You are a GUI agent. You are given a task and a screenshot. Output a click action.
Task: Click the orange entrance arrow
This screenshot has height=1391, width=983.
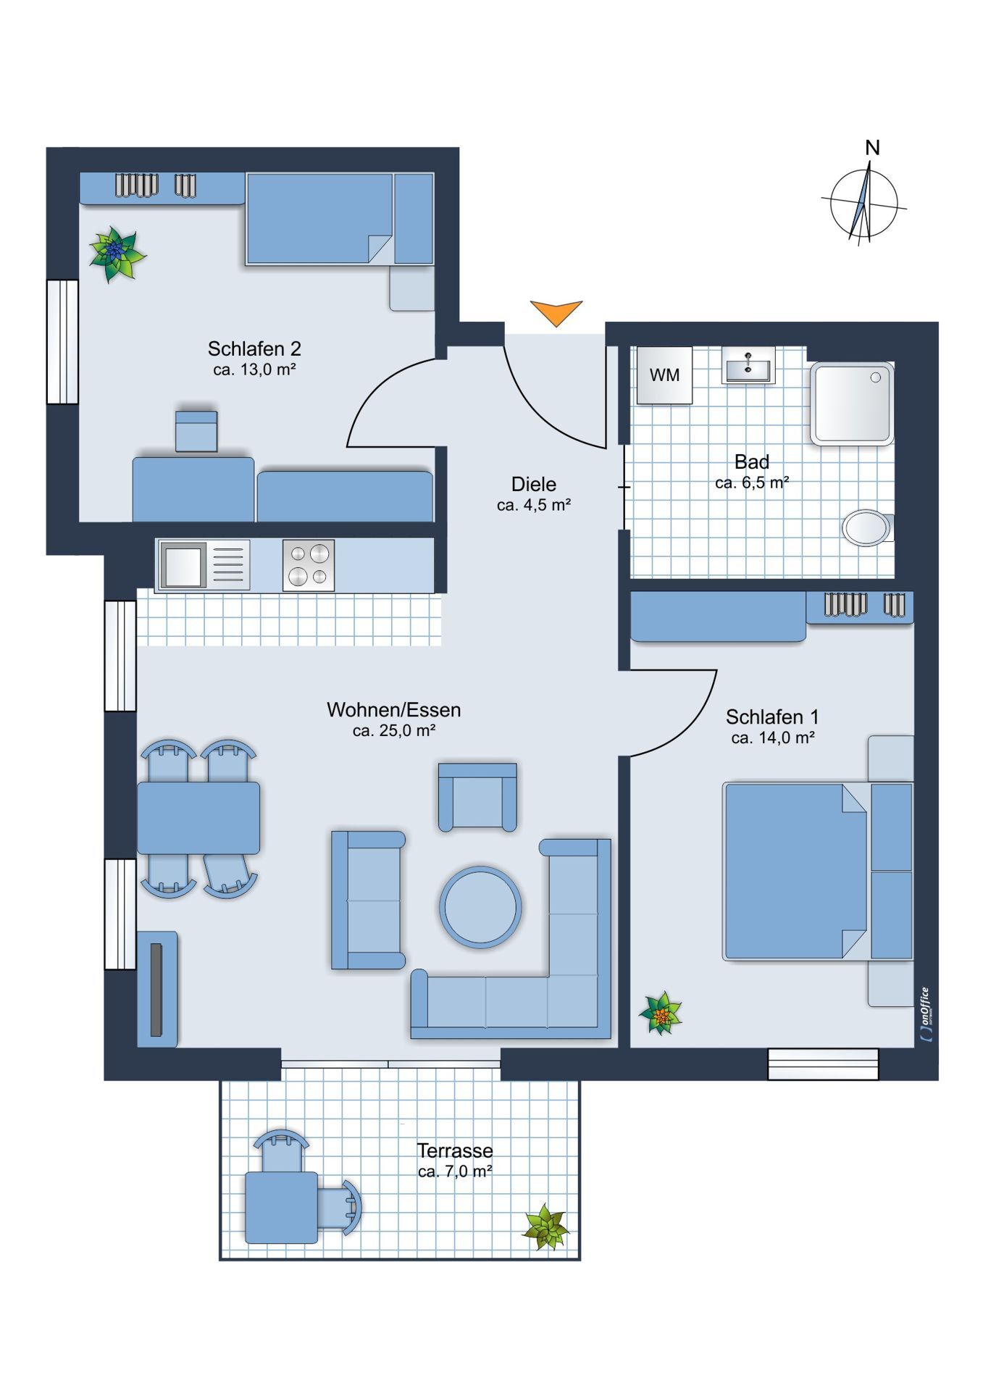(x=556, y=312)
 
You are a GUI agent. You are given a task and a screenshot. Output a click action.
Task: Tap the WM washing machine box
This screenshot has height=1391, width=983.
(x=664, y=375)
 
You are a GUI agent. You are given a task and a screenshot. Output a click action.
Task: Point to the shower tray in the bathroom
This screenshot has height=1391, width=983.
(x=852, y=404)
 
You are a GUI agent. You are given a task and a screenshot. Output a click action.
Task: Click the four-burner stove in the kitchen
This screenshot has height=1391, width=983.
(x=309, y=565)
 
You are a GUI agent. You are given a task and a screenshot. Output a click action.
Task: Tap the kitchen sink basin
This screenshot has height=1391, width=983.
(x=182, y=566)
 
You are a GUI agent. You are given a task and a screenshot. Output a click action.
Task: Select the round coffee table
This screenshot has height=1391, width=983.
(x=480, y=906)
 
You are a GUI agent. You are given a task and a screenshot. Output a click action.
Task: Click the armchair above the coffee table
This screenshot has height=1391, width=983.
(x=477, y=796)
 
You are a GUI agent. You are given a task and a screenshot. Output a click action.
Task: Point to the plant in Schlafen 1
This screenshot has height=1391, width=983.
(x=661, y=1013)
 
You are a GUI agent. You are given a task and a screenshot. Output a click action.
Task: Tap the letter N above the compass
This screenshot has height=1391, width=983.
(x=872, y=148)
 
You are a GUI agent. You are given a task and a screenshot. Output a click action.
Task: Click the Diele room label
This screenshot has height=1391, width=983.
(x=534, y=484)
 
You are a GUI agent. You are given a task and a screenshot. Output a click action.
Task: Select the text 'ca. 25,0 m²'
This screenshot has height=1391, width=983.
(x=393, y=730)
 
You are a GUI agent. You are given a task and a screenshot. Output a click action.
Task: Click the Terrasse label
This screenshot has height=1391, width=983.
(x=455, y=1150)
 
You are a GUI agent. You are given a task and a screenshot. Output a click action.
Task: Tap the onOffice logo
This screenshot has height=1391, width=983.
(x=925, y=1015)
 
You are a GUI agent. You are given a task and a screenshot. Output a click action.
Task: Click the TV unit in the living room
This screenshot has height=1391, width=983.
(x=157, y=989)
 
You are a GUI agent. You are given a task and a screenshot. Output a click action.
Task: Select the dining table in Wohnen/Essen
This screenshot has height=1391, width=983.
(x=198, y=818)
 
